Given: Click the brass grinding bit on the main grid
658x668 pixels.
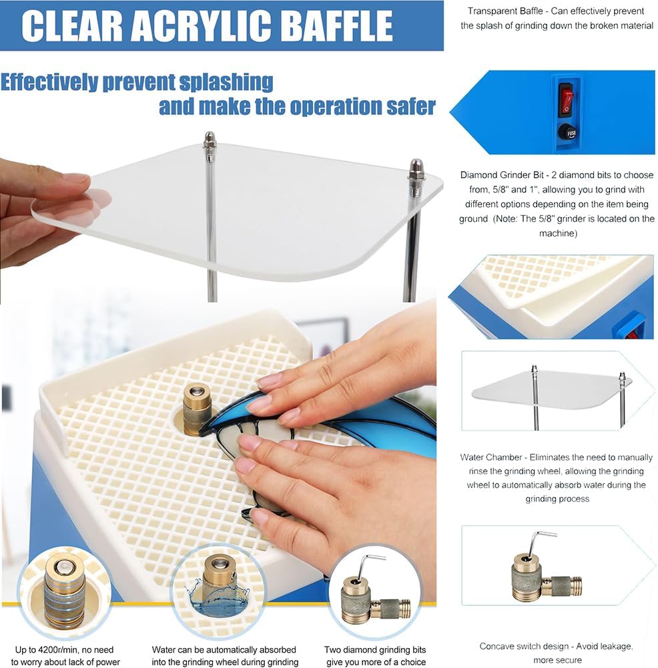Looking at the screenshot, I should (x=197, y=407).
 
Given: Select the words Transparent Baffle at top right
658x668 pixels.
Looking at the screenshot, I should (x=507, y=11).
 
